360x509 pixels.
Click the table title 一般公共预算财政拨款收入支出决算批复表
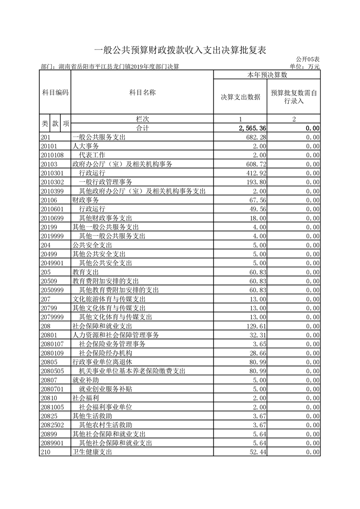180,50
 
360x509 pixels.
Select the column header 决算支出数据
240,97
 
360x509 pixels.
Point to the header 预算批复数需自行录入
294,97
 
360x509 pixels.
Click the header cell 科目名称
142,93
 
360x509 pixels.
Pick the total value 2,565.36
251,128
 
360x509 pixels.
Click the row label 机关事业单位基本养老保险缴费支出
132,371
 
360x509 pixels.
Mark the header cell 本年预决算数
267,74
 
